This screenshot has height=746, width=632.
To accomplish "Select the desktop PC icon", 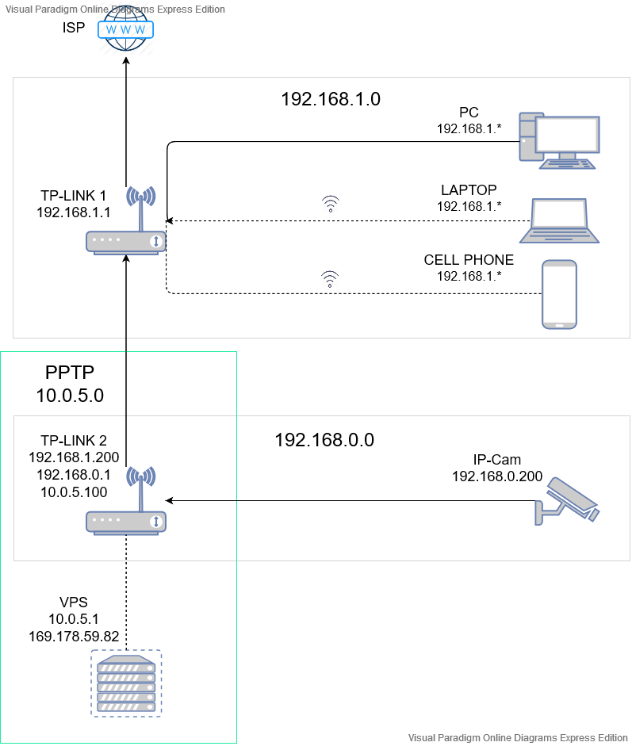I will (x=559, y=140).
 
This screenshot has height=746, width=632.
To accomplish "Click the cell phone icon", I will (x=559, y=293).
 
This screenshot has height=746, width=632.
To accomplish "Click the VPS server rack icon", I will (x=126, y=683).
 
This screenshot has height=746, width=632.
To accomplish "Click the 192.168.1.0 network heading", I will (x=331, y=99).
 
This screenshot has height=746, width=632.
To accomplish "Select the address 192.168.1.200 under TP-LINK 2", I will (x=73, y=457).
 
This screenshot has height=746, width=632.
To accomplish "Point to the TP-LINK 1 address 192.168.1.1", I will (x=73, y=212).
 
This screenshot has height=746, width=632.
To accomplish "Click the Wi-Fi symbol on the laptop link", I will (x=330, y=205).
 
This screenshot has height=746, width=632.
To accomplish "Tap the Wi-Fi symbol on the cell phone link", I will (x=330, y=277).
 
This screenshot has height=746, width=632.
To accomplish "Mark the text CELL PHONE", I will (x=469, y=260).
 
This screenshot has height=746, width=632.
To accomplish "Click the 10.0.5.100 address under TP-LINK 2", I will (x=73, y=492).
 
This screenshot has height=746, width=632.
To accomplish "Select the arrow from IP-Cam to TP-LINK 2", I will (x=349, y=500).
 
